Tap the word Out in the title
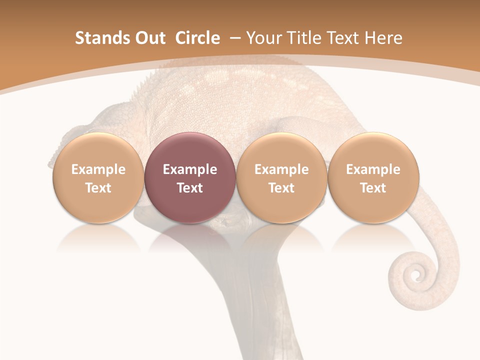pos(149,38)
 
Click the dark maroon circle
pos(190,177)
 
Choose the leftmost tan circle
pos(98,177)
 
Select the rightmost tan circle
pos(373,177)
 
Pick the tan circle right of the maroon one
pos(281,177)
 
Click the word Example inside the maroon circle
pos(190,169)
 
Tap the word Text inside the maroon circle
pos(190,188)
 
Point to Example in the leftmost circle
pos(98,169)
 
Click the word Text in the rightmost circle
pos(373,188)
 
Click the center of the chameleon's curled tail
pos(414,274)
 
